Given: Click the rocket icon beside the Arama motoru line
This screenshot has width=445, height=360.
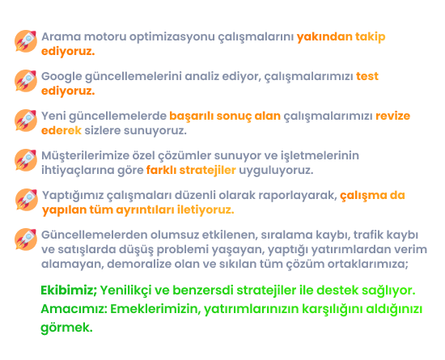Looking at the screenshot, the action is [x=26, y=41].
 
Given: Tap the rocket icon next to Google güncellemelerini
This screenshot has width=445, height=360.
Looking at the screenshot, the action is [x=26, y=81].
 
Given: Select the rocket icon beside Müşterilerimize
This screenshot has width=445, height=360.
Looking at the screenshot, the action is [x=26, y=160].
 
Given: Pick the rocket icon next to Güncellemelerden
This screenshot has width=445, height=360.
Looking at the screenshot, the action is [x=26, y=239].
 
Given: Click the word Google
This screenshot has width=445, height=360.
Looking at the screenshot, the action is [x=61, y=77].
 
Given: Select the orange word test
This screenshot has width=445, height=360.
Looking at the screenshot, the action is [x=367, y=77].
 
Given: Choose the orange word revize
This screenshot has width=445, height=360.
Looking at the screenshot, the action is [x=392, y=116].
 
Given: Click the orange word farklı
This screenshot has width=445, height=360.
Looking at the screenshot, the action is [x=161, y=170].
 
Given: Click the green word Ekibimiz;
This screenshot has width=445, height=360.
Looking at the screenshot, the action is [x=69, y=290].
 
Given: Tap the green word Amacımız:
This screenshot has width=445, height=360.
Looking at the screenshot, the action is [x=74, y=309].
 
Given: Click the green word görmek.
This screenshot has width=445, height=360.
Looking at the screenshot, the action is [x=66, y=328].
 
